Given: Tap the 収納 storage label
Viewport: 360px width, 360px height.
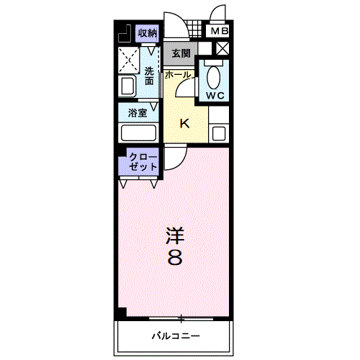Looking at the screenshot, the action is click(x=147, y=33).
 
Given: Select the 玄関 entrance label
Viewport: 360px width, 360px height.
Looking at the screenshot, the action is click(x=181, y=53).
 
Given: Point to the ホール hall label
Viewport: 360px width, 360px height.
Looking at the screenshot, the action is click(x=178, y=75).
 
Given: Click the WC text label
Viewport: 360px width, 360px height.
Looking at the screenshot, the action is click(x=215, y=96).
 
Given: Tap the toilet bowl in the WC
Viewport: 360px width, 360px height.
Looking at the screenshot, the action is click(x=214, y=77).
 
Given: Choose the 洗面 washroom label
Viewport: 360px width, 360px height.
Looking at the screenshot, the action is click(x=149, y=76).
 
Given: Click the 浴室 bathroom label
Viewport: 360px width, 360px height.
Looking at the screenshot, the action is click(x=138, y=113).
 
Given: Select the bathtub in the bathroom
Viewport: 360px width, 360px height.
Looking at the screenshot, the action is click(x=138, y=132).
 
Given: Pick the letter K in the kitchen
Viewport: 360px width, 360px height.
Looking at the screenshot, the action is click(x=185, y=124).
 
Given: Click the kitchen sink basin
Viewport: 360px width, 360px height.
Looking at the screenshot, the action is click(x=219, y=133).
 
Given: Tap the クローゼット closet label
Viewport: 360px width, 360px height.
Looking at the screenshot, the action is click(x=143, y=161).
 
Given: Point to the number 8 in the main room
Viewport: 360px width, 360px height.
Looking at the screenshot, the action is click(x=175, y=257).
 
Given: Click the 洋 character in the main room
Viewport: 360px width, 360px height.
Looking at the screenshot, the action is click(x=175, y=235).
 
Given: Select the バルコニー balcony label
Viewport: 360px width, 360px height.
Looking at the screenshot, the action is click(x=176, y=336).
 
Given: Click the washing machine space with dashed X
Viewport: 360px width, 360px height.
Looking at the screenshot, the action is click(x=129, y=60).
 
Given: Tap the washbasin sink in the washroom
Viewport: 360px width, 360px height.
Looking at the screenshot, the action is click(x=127, y=86).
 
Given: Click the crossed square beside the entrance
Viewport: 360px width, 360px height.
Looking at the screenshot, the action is click(x=222, y=49).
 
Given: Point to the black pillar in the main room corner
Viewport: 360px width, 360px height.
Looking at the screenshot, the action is click(x=122, y=312).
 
